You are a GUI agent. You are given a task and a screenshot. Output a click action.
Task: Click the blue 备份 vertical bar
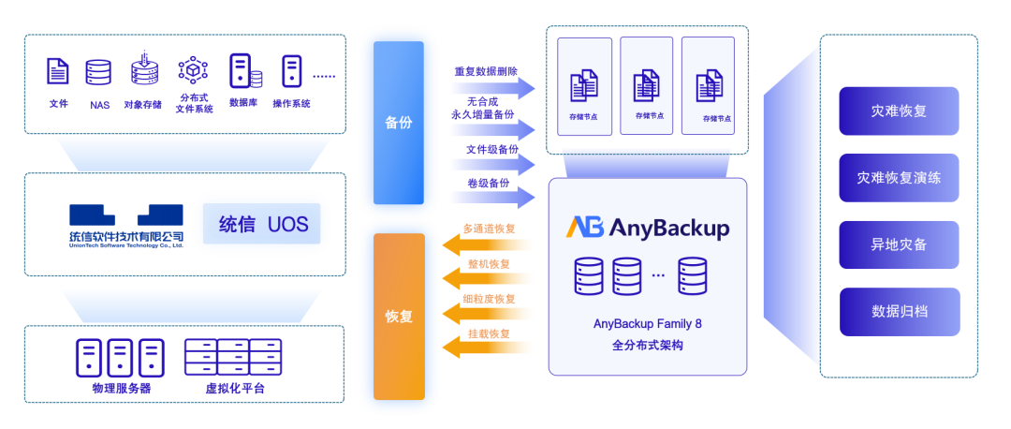tap(399, 124)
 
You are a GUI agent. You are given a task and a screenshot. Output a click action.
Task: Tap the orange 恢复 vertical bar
tap(399, 316)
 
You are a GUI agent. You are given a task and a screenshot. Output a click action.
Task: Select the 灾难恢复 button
tap(899, 111)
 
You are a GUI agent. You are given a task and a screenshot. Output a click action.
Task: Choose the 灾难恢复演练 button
tap(899, 178)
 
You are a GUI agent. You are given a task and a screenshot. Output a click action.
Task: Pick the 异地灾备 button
tap(899, 245)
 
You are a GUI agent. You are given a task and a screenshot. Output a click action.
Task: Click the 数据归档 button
tap(899, 312)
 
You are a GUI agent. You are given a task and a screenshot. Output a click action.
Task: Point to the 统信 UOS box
tap(262, 224)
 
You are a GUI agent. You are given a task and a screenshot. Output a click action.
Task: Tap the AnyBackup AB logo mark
tap(585, 228)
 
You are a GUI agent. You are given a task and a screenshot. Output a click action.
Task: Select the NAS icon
tap(98, 72)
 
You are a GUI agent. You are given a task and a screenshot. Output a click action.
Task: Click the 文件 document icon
tap(57, 71)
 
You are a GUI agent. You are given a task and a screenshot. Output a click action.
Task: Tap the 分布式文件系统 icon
tap(193, 70)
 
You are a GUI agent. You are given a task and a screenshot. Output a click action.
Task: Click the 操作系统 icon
tap(291, 71)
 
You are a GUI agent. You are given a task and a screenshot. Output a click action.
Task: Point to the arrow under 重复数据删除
tap(492, 87)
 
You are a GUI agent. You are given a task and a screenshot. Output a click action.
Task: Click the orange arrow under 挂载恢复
tap(488, 348)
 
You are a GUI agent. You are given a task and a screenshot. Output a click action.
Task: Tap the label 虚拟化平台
tap(235, 388)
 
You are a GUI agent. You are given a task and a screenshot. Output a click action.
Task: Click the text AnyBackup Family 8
tap(648, 323)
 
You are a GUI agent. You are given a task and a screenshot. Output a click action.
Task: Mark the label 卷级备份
tap(488, 184)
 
